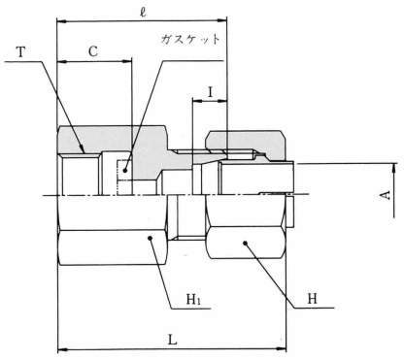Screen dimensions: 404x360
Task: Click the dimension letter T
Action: pyautogui.click(x=21, y=51)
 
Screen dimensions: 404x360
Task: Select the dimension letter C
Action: pyautogui.click(x=93, y=51)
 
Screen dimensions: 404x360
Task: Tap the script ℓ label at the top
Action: pyautogui.click(x=143, y=12)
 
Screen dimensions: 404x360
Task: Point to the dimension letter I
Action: pyautogui.click(x=211, y=92)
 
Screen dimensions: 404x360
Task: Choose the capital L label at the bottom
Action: pyautogui.click(x=172, y=340)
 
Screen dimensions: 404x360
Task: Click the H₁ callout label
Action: pyautogui.click(x=193, y=300)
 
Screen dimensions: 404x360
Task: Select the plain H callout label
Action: pyautogui.click(x=312, y=299)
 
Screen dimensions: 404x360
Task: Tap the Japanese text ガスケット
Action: pyautogui.click(x=190, y=39)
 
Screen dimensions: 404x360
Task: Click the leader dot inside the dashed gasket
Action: pyautogui.click(x=125, y=170)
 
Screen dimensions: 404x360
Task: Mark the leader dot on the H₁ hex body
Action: pyautogui.click(x=150, y=239)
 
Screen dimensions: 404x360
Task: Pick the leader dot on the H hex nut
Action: pyautogui.click(x=245, y=243)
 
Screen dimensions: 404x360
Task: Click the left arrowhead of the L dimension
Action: pyautogui.click(x=62, y=349)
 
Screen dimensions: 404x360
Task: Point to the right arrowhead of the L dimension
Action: pyautogui.click(x=282, y=349)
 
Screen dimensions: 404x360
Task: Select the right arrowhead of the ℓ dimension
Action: pyautogui.click(x=222, y=21)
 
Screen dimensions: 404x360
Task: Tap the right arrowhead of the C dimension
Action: pyautogui.click(x=127, y=61)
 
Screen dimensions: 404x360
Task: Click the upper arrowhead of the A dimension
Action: pyautogui.click(x=394, y=168)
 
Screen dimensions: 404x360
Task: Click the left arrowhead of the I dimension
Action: pyautogui.click(x=197, y=101)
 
